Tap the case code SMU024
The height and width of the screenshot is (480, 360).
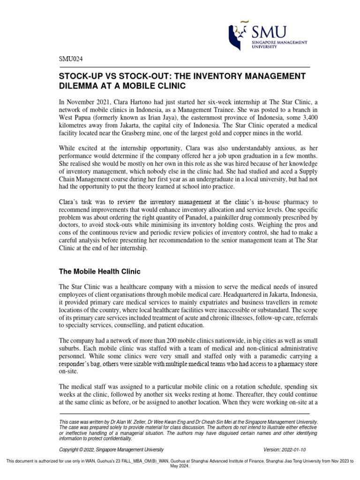tap(70, 59)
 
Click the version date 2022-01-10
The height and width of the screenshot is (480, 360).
tap(294, 449)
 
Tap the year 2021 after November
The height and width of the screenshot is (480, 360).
tap(101, 101)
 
